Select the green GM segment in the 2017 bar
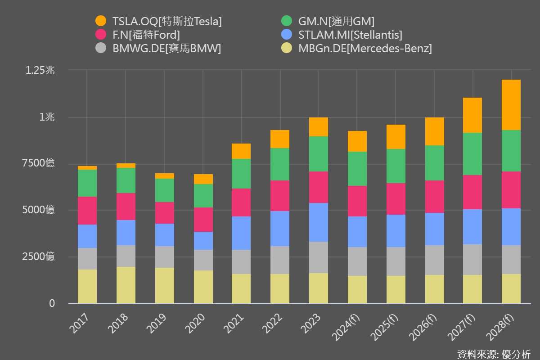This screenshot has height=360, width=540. pyautogui.click(x=87, y=183)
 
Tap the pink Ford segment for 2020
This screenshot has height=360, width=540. pyautogui.click(x=203, y=220)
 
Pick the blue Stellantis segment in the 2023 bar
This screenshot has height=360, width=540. pyautogui.click(x=319, y=222)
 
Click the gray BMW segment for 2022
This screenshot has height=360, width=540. pyautogui.click(x=280, y=260)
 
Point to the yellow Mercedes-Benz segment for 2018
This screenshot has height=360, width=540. pyautogui.click(x=126, y=285)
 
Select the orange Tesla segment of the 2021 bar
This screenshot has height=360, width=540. pyautogui.click(x=242, y=151)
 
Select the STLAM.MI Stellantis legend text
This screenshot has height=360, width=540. pyautogui.click(x=350, y=35)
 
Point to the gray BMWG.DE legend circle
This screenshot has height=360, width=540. pyautogui.click(x=101, y=49)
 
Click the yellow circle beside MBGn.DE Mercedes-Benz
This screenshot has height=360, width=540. pyautogui.click(x=287, y=49)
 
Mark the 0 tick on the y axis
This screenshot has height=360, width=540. pyautogui.click(x=52, y=303)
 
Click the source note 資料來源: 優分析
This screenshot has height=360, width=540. pyautogui.click(x=494, y=354)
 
